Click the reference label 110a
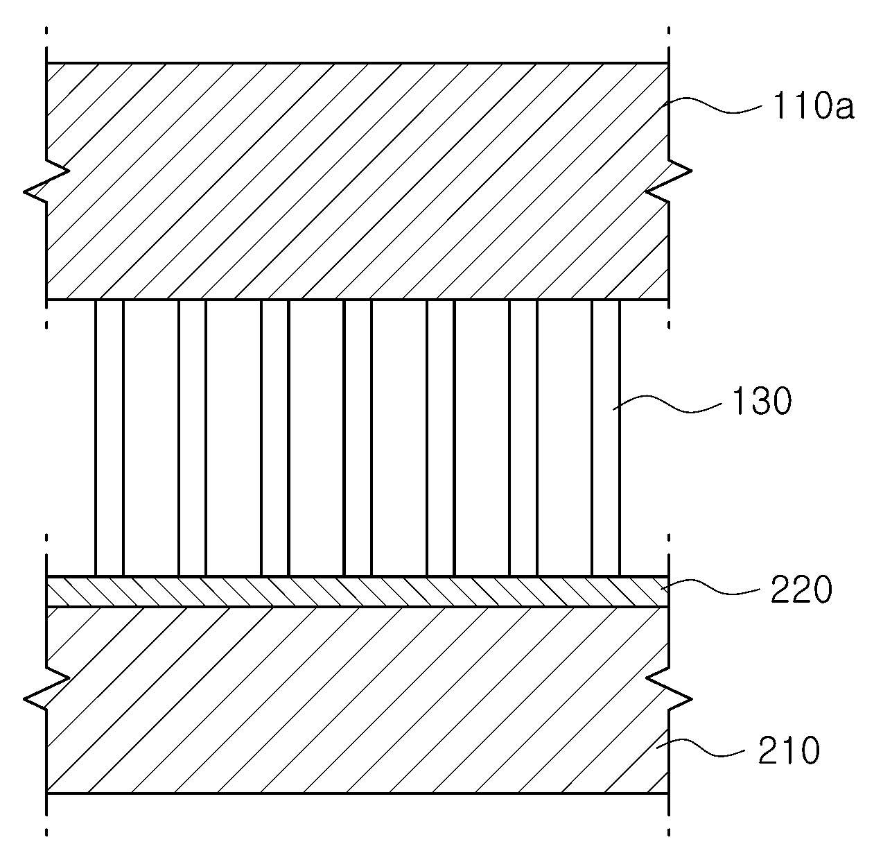tap(813, 106)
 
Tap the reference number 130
tap(762, 401)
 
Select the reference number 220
tap(801, 590)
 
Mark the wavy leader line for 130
tap(667, 404)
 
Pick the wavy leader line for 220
tap(710, 587)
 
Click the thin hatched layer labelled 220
tap(358, 592)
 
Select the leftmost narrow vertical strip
tap(110, 438)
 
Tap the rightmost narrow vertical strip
tap(606, 438)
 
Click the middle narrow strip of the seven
tap(358, 438)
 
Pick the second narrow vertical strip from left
tap(192, 438)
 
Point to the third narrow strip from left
tap(275, 438)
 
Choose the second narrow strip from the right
tap(523, 438)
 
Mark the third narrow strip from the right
tap(440, 438)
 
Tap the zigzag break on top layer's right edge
tap(669, 182)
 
